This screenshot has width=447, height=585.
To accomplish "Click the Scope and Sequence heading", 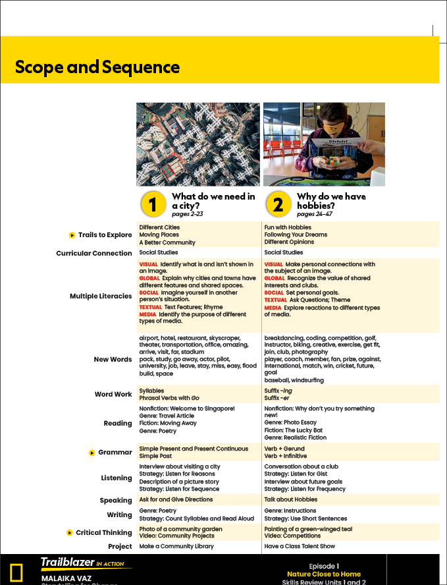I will (97, 67).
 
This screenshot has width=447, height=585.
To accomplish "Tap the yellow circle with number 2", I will (278, 204).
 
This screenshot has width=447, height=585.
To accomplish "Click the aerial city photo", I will (198, 144).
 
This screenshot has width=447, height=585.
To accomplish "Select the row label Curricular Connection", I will (93, 253).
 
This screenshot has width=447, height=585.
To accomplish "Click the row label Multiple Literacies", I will (101, 296).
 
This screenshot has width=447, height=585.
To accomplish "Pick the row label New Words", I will (113, 360).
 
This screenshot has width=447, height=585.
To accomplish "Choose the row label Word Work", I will (113, 395).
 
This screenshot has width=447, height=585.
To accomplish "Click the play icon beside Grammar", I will (92, 453).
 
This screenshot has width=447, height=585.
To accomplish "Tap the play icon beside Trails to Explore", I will (72, 235).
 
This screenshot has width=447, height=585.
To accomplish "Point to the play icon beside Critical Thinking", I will (70, 532).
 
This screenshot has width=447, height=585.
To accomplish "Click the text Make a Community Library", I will (176, 546).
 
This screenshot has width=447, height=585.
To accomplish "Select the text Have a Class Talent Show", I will (300, 546).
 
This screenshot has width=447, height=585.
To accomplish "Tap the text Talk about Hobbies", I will (290, 500).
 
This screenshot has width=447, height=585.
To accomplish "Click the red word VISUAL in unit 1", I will (149, 264).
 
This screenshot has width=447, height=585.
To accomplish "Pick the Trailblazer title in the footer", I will (67, 562).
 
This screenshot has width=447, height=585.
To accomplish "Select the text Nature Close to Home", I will (323, 574).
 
